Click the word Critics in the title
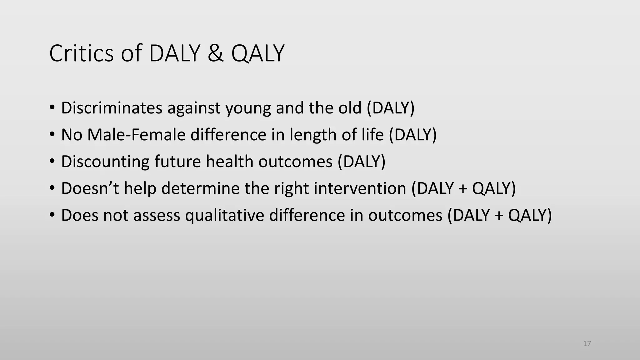[81, 53]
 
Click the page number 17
[587, 344]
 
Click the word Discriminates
[112, 108]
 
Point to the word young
[248, 108]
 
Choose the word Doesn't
[90, 188]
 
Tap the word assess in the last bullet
[157, 216]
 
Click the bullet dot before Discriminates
[52, 108]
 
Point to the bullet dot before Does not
[52, 216]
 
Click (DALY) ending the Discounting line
[362, 162]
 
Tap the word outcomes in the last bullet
[405, 216]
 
